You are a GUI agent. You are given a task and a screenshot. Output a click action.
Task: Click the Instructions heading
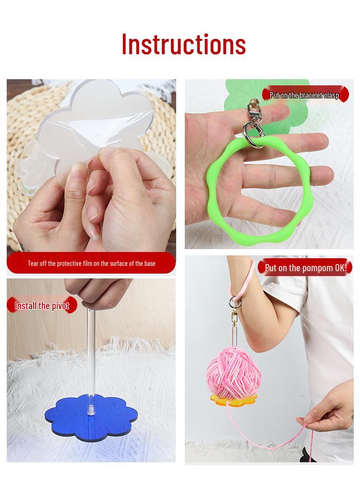pyautogui.click(x=183, y=44)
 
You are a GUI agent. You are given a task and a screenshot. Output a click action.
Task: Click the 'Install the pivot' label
pyautogui.click(x=42, y=306)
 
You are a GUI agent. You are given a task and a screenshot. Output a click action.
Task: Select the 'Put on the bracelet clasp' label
pyautogui.click(x=304, y=95)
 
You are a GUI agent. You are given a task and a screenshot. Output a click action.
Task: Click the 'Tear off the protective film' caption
pyautogui.click(x=91, y=264)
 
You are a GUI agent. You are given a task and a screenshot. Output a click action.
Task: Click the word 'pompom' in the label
pyautogui.click(x=317, y=267)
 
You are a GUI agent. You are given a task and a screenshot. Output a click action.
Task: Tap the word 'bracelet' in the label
pyautogui.click(x=311, y=95)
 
